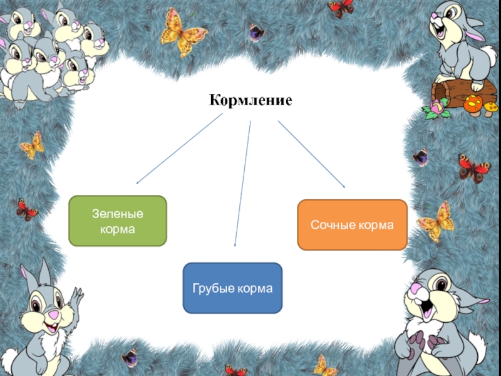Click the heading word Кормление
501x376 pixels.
click(x=250, y=100)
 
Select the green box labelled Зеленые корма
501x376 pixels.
click(x=118, y=221)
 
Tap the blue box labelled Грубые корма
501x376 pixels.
click(x=232, y=288)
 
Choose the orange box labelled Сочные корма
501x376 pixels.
click(x=352, y=224)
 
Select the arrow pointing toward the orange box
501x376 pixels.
click(x=311, y=154)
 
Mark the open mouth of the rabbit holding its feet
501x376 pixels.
click(x=433, y=307)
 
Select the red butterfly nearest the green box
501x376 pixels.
click(x=27, y=209)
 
